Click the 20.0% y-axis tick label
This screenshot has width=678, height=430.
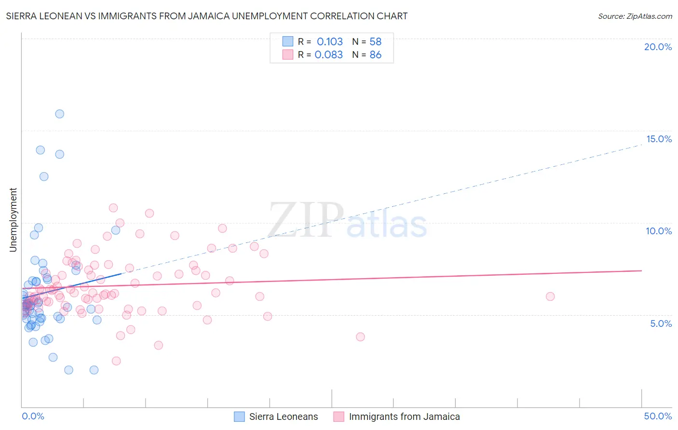[658, 47]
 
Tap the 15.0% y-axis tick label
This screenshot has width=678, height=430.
[659, 139]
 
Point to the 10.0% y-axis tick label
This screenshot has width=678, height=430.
[659, 231]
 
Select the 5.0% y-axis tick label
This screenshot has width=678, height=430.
[661, 323]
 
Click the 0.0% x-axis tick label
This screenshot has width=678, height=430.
[33, 416]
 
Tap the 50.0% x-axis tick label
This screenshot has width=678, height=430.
[658, 416]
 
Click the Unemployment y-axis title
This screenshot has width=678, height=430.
[13, 220]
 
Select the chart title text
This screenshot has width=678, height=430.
[206, 16]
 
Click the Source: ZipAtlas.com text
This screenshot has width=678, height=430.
[635, 16]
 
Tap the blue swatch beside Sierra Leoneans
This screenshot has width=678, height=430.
[239, 417]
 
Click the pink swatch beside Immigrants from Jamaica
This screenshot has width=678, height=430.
[339, 417]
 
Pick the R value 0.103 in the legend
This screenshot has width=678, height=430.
[330, 41]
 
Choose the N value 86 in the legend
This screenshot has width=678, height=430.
[375, 54]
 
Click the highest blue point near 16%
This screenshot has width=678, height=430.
[60, 114]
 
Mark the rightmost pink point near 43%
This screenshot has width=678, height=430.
[550, 296]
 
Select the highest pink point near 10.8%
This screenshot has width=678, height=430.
[113, 208]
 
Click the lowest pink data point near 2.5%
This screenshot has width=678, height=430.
[116, 361]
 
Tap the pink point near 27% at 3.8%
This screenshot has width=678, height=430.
[360, 337]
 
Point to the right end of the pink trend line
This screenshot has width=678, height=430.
[641, 270]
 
